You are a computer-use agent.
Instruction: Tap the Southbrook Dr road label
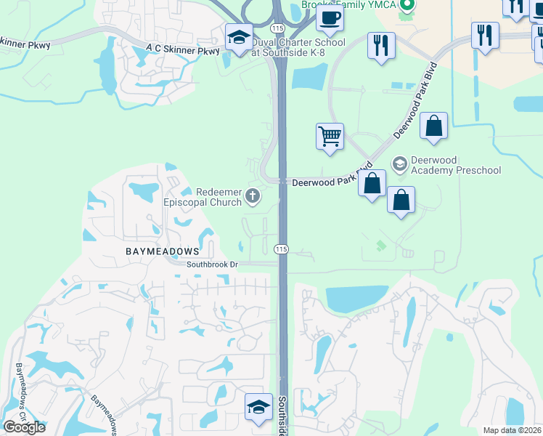212,265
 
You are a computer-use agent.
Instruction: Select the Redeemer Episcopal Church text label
210,197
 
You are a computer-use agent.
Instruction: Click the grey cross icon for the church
253,195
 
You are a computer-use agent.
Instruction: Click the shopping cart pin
330,136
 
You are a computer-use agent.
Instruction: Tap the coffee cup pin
330,18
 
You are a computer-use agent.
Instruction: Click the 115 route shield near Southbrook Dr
282,249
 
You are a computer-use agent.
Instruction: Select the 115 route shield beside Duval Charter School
277,28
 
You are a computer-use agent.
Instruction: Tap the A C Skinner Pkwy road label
182,51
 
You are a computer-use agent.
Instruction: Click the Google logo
24,427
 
